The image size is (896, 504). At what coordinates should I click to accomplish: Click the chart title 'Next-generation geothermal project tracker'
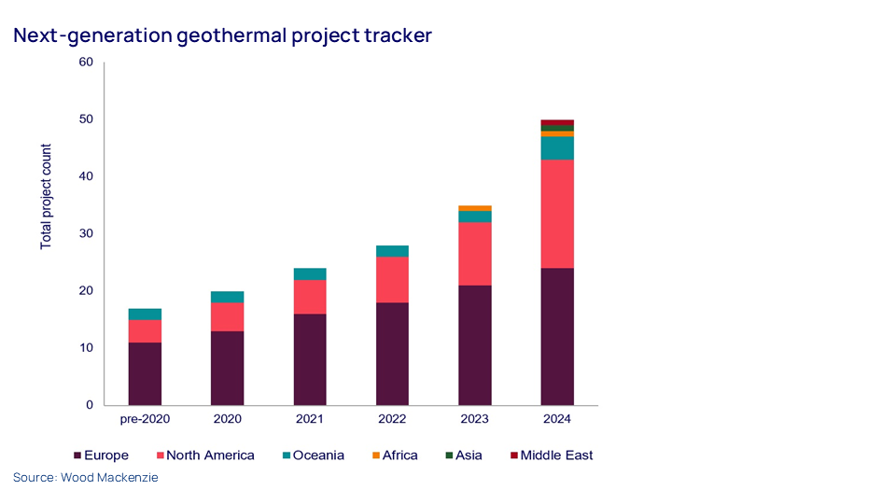(222, 35)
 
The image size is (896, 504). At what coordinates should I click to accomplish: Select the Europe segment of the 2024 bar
(557, 336)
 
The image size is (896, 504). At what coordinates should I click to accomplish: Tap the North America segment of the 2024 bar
(557, 214)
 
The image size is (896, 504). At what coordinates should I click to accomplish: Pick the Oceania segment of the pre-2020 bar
(145, 314)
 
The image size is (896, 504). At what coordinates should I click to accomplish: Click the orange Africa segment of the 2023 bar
(475, 208)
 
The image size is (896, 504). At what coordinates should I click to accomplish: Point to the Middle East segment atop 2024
(557, 122)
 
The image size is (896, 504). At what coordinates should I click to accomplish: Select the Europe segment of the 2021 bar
(310, 358)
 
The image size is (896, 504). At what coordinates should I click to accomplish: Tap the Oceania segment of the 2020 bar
(228, 297)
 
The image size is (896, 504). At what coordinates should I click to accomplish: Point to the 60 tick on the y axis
(87, 63)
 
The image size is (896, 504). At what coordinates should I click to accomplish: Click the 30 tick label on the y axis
(87, 233)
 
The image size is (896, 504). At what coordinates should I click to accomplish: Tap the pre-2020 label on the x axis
(145, 420)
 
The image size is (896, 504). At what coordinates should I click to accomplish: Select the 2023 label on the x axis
(475, 420)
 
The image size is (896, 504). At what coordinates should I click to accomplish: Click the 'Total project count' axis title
(46, 196)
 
